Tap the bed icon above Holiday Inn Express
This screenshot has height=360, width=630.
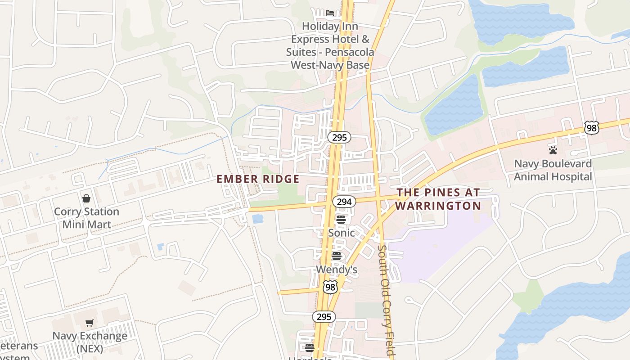coord(330,13)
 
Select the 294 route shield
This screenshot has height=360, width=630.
coord(344,202)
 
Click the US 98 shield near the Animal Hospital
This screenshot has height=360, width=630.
coord(592,128)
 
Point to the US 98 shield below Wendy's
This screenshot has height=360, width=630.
coord(330,287)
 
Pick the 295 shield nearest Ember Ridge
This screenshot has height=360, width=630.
coord(339,137)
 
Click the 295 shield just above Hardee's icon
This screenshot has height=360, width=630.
coord(324,317)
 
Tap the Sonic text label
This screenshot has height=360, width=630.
coord(341,233)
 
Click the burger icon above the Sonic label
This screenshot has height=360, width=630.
coord(341,220)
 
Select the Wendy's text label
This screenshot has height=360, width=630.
coord(337,270)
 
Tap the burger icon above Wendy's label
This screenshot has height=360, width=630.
coord(337,256)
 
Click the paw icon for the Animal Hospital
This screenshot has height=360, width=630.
coord(553,150)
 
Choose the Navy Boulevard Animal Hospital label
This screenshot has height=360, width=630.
coord(553,170)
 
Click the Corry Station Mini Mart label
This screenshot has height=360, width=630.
coord(86,217)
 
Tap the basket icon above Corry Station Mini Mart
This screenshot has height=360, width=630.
coord(86,198)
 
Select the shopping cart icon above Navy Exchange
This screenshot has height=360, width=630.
coord(90,322)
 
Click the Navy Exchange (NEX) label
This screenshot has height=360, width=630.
coord(90,342)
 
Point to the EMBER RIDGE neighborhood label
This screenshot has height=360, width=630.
coord(258,179)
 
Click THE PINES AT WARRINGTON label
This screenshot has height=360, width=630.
coord(438,199)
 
